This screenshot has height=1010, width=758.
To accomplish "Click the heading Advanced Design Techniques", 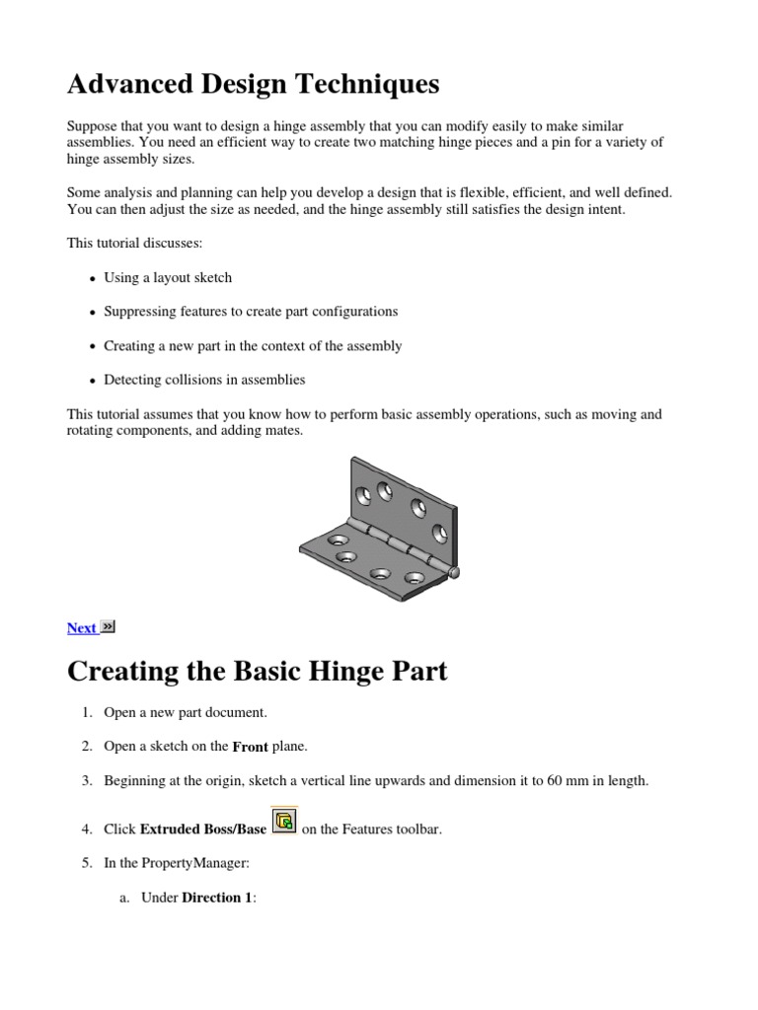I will pos(253,85).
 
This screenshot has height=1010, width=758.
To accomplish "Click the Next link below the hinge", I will pos(81,628).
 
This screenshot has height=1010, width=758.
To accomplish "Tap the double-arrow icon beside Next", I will pos(108,626).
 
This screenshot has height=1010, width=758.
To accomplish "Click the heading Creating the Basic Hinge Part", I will pos(257,672).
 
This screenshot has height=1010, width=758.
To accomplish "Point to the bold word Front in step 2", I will pos(250,747).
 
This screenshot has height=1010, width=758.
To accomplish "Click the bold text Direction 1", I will pos(218,898).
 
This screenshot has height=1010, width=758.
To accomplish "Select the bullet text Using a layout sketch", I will pos(168,278).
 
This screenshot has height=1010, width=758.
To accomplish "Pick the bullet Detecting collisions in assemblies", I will pos(204,380).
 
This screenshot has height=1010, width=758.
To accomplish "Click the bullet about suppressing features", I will pos(251,312).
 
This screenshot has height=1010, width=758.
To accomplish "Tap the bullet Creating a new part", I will pos(253,346).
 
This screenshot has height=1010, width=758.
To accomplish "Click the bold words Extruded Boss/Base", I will pos(203,830).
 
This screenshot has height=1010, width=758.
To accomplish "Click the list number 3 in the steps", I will pos(86,781).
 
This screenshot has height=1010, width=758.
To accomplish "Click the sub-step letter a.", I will pos(123,898).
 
